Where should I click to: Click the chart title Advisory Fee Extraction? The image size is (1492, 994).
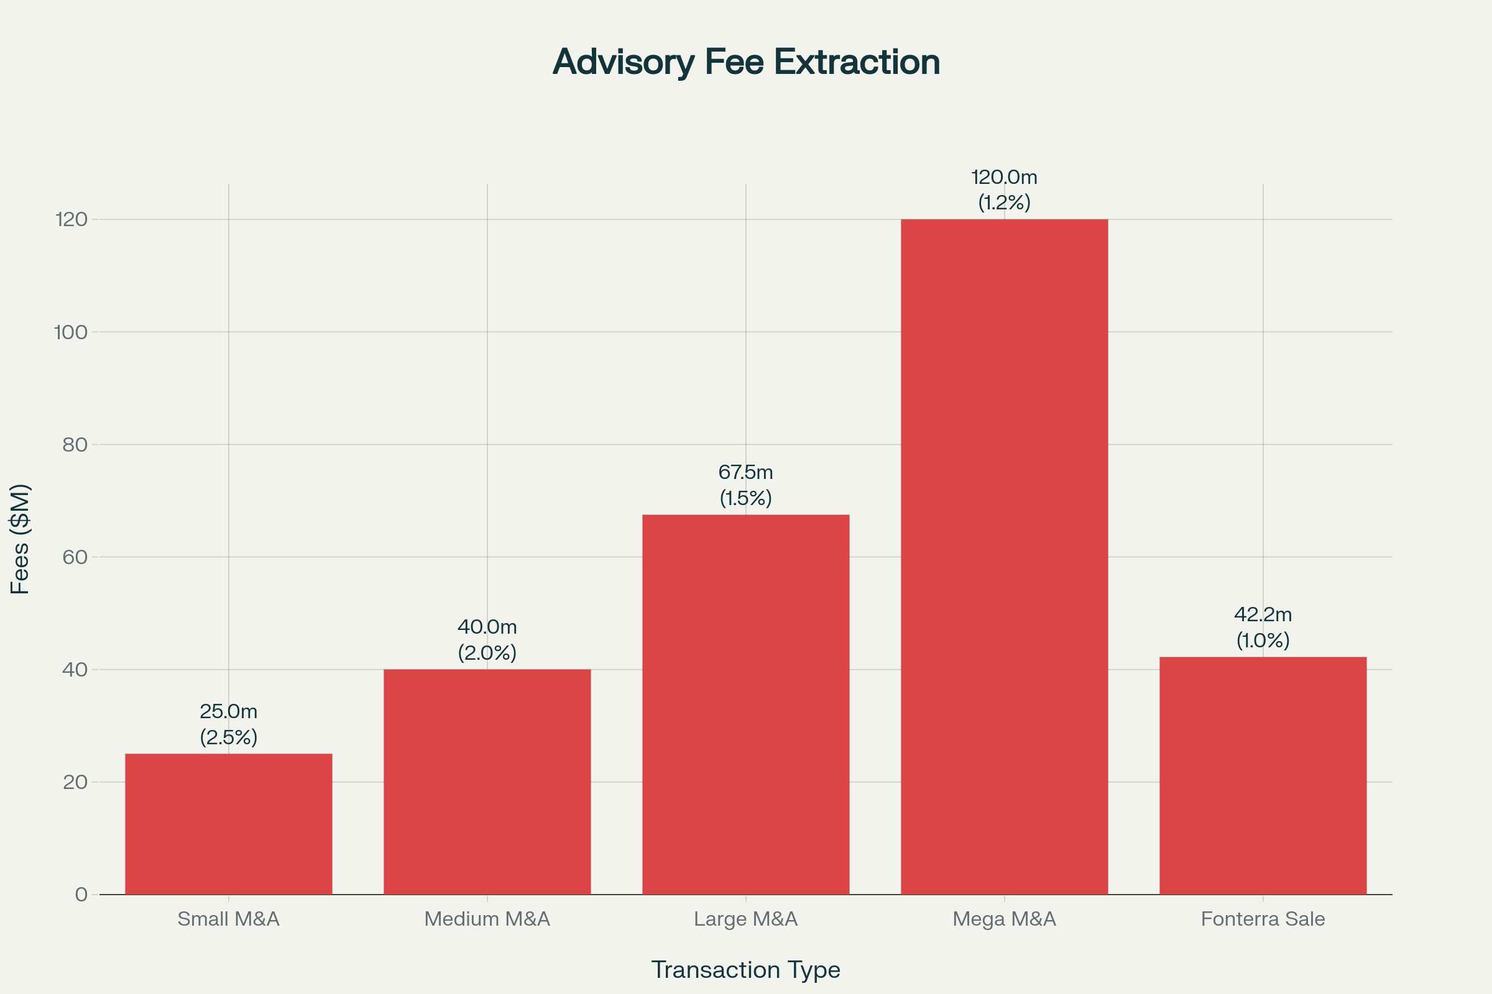746,62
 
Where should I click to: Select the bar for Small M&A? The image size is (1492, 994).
228,824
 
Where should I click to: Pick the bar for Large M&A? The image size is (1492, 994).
746,704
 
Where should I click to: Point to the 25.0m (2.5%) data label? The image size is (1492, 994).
228,724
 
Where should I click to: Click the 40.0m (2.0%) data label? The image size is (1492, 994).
487,640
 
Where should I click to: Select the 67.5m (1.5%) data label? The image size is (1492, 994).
746,485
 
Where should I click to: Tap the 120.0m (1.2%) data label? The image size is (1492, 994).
1004,189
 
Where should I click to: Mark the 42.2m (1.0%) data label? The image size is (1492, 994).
1263,627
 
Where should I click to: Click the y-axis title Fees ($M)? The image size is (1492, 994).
21,539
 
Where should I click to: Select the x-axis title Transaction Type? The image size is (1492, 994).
746,970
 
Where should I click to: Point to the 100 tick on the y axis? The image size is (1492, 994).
71,332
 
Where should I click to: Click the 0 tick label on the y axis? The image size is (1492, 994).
81,895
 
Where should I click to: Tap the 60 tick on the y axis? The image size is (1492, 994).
75,557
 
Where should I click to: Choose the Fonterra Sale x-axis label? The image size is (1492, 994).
1263,919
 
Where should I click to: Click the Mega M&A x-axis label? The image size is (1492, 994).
1004,919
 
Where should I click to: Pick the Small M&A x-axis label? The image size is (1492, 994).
228,919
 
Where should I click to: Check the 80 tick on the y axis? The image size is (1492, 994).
75,444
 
